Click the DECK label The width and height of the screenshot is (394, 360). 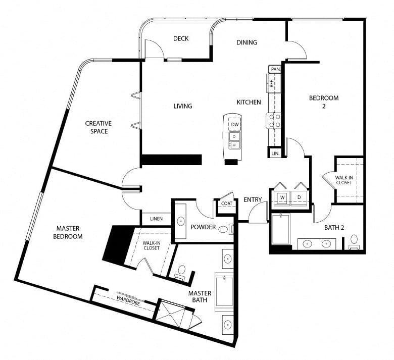(181, 39)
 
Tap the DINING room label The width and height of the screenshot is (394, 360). (247, 42)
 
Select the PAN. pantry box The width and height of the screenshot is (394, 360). (275, 69)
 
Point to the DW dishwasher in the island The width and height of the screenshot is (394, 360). (235, 125)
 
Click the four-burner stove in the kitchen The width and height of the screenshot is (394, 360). (274, 121)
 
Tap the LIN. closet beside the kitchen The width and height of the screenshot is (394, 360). (275, 153)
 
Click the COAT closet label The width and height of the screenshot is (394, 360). (227, 203)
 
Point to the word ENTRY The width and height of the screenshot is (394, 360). (253, 200)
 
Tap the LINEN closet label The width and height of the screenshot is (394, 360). (156, 219)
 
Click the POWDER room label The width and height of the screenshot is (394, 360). (203, 227)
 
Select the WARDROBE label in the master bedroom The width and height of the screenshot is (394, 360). (128, 300)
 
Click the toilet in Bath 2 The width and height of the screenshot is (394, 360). (354, 242)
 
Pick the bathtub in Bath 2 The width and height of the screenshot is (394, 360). (281, 229)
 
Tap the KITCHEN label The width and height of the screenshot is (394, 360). (249, 102)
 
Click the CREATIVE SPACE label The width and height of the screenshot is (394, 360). (98, 127)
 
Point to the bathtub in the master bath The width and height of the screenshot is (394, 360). (224, 292)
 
